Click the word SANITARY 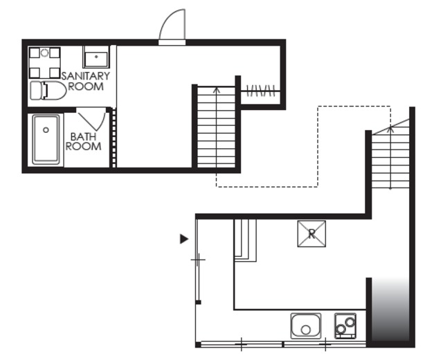point(86,76)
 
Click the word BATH point(83,137)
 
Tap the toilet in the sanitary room point(48,91)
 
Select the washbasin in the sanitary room point(96,57)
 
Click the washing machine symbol point(44,63)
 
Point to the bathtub point(46,139)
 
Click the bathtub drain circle point(46,130)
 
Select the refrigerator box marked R point(311,234)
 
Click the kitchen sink point(306,326)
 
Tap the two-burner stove point(345,326)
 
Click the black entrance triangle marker point(184,239)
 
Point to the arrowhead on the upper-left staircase point(217,90)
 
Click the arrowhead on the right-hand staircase point(390,129)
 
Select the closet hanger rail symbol point(260,91)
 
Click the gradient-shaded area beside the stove point(390,309)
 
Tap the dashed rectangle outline point(318,186)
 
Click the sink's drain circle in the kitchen point(306,330)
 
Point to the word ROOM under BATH point(83,146)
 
